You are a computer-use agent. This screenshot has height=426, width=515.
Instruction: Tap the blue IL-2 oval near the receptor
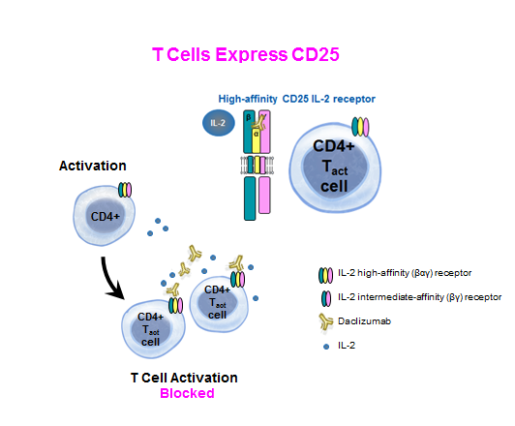[217, 123]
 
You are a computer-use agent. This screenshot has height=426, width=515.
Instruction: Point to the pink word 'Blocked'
[183, 394]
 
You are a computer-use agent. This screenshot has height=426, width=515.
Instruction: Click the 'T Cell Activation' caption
[183, 378]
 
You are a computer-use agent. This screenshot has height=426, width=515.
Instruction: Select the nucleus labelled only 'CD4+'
[106, 215]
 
